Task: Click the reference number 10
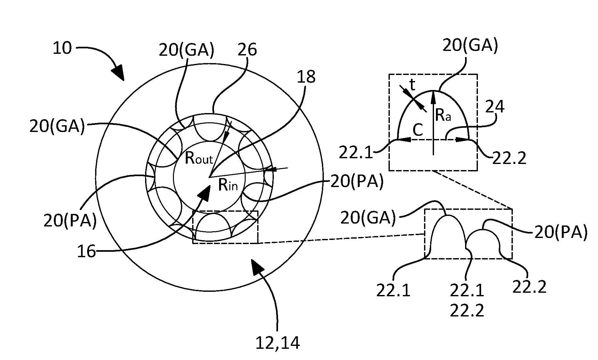click(62, 48)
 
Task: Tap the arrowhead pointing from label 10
click(119, 73)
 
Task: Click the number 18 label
click(306, 77)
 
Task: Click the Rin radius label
click(228, 185)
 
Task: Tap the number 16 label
click(86, 252)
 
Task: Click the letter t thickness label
click(413, 85)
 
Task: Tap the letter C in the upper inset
click(418, 130)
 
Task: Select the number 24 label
click(495, 107)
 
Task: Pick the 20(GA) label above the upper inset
click(470, 46)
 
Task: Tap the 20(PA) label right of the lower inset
click(561, 233)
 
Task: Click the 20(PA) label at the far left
click(70, 221)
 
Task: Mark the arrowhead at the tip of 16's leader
click(205, 192)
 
